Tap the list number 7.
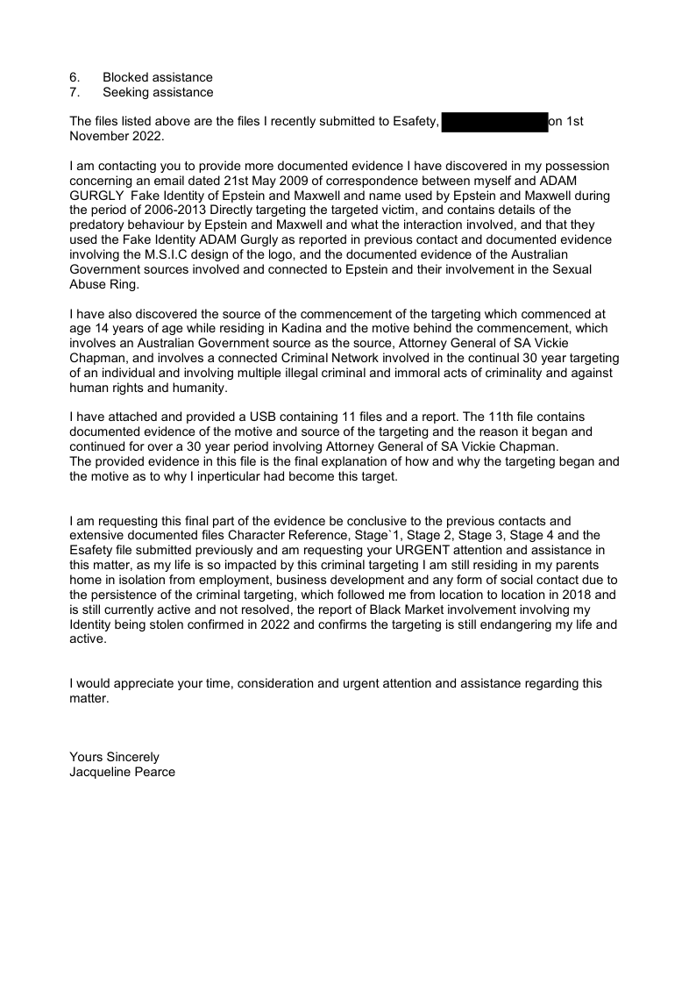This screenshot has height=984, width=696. click(x=75, y=92)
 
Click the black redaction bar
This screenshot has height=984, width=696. click(x=495, y=122)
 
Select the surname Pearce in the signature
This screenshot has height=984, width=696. click(x=155, y=772)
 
